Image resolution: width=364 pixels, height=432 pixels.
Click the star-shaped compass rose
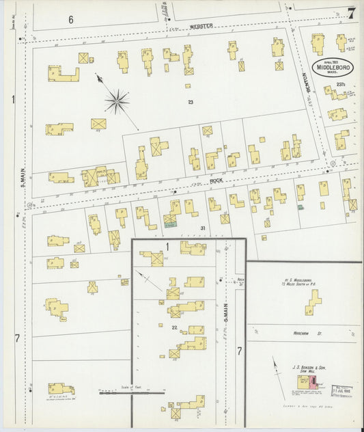[117, 103]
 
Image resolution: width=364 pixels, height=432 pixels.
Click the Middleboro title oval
[334, 68]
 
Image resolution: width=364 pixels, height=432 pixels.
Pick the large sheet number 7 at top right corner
[351, 13]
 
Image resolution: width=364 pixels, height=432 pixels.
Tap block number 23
[192, 102]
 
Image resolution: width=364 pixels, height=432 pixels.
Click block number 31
[202, 228]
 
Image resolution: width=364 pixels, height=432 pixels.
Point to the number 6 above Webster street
[70, 20]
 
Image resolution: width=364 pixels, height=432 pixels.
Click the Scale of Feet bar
[132, 392]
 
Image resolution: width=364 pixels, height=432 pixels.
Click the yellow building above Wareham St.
[313, 301]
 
